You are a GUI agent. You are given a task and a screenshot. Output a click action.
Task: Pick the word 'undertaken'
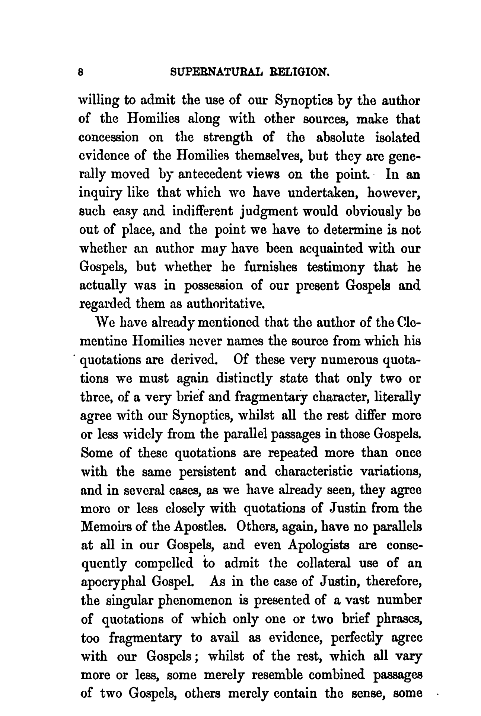point(324,193)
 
